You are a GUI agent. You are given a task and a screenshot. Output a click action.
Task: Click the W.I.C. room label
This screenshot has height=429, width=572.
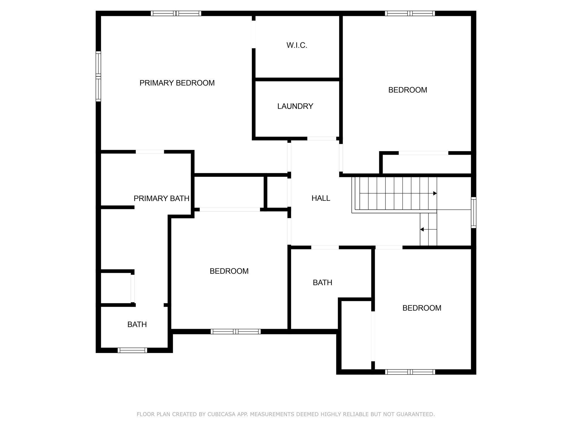pos(297,45)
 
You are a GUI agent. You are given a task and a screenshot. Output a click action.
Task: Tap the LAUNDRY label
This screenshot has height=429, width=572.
pos(295,106)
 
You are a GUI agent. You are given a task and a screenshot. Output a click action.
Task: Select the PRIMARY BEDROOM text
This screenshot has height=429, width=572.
pos(177,83)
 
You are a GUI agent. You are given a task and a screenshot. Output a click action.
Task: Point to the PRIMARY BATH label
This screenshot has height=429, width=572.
pos(161,199)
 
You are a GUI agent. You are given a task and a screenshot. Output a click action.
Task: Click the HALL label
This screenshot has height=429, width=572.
pos(321,198)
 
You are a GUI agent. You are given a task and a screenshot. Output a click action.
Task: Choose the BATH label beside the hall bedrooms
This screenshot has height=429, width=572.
pos(322,283)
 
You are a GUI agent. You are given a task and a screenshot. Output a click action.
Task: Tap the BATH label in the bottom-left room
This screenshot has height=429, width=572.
pos(137,325)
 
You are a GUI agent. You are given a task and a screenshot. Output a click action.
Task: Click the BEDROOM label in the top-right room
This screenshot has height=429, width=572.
pos(407,90)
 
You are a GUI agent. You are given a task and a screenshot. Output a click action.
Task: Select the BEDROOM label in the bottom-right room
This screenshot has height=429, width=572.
pos(422,308)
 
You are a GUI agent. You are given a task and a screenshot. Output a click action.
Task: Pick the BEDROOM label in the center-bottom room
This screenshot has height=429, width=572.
pos(229,271)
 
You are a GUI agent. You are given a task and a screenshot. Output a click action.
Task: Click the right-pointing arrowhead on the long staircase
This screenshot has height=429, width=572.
pos(435,193)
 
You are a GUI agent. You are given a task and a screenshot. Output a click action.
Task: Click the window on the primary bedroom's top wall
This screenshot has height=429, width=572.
pos(176,13)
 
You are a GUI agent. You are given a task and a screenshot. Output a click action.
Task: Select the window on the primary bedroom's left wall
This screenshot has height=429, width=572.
pos(98,76)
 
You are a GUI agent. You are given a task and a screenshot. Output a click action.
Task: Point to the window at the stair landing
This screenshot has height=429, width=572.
pos(473,213)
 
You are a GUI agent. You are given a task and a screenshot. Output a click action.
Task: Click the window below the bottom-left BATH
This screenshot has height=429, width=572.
pos(132,350)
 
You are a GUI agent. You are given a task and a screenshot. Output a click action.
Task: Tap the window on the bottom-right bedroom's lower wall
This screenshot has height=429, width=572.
pos(410,372)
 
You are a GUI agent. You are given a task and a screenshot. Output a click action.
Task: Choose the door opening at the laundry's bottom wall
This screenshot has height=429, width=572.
pos(322,139)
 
